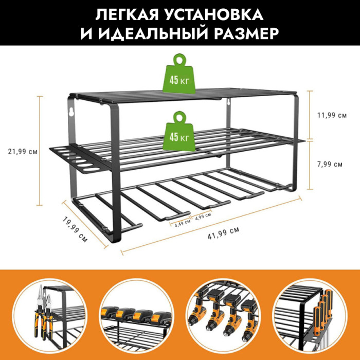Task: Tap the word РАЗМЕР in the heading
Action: coord(246,33)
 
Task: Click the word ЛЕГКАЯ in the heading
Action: coord(128,15)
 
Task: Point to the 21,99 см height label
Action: coord(23,152)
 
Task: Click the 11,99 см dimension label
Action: coord(332,115)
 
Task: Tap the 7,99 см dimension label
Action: coord(330,164)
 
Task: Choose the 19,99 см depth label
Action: coord(75,229)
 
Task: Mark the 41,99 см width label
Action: coord(223,233)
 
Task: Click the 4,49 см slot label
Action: coord(183,223)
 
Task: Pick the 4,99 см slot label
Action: coord(203,217)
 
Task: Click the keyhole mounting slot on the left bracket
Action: coord(71,112)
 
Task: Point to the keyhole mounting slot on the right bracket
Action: coord(229,102)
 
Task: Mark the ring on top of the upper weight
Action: coord(179,60)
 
